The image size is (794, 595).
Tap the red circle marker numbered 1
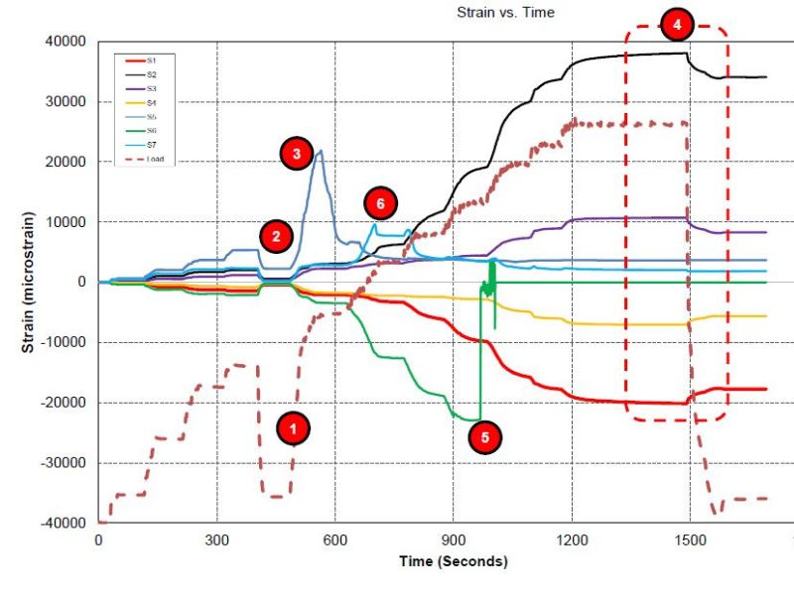[292, 428]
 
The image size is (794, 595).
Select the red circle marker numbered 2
[277, 235]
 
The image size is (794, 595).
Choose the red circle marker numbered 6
[379, 203]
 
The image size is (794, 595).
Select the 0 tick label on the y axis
[82, 283]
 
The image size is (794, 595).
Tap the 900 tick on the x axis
[454, 540]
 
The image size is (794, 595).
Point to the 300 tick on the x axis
[216, 540]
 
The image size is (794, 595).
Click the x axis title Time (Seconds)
[453, 561]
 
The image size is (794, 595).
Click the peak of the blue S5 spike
[321, 151]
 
